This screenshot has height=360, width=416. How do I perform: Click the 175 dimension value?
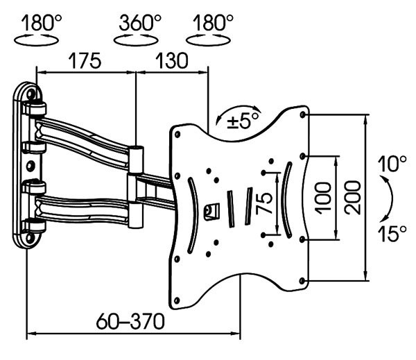click(x=85, y=61)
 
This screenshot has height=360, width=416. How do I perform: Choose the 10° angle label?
click(x=392, y=165)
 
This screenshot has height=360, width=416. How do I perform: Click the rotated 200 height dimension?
click(x=353, y=198)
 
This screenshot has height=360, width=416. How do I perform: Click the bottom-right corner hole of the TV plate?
click(x=303, y=280)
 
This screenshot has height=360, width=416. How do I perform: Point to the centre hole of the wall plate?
click(x=31, y=166)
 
